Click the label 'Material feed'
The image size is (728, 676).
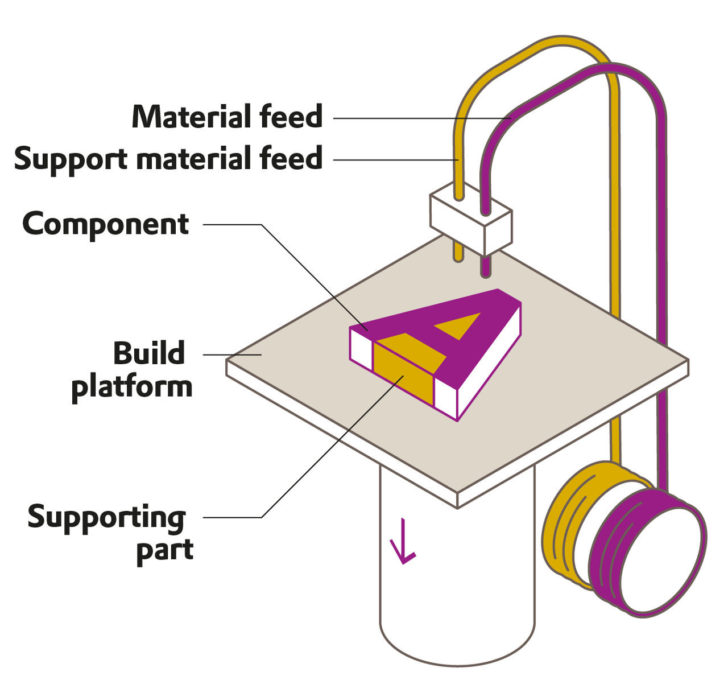pos(227,117)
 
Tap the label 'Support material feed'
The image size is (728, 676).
pos(168,158)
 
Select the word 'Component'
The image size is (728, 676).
pos(106,224)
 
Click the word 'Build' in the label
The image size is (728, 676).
pos(149,354)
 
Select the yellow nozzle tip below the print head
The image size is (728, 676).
pos(458,253)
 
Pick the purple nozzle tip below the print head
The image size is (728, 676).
pos(485,267)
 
